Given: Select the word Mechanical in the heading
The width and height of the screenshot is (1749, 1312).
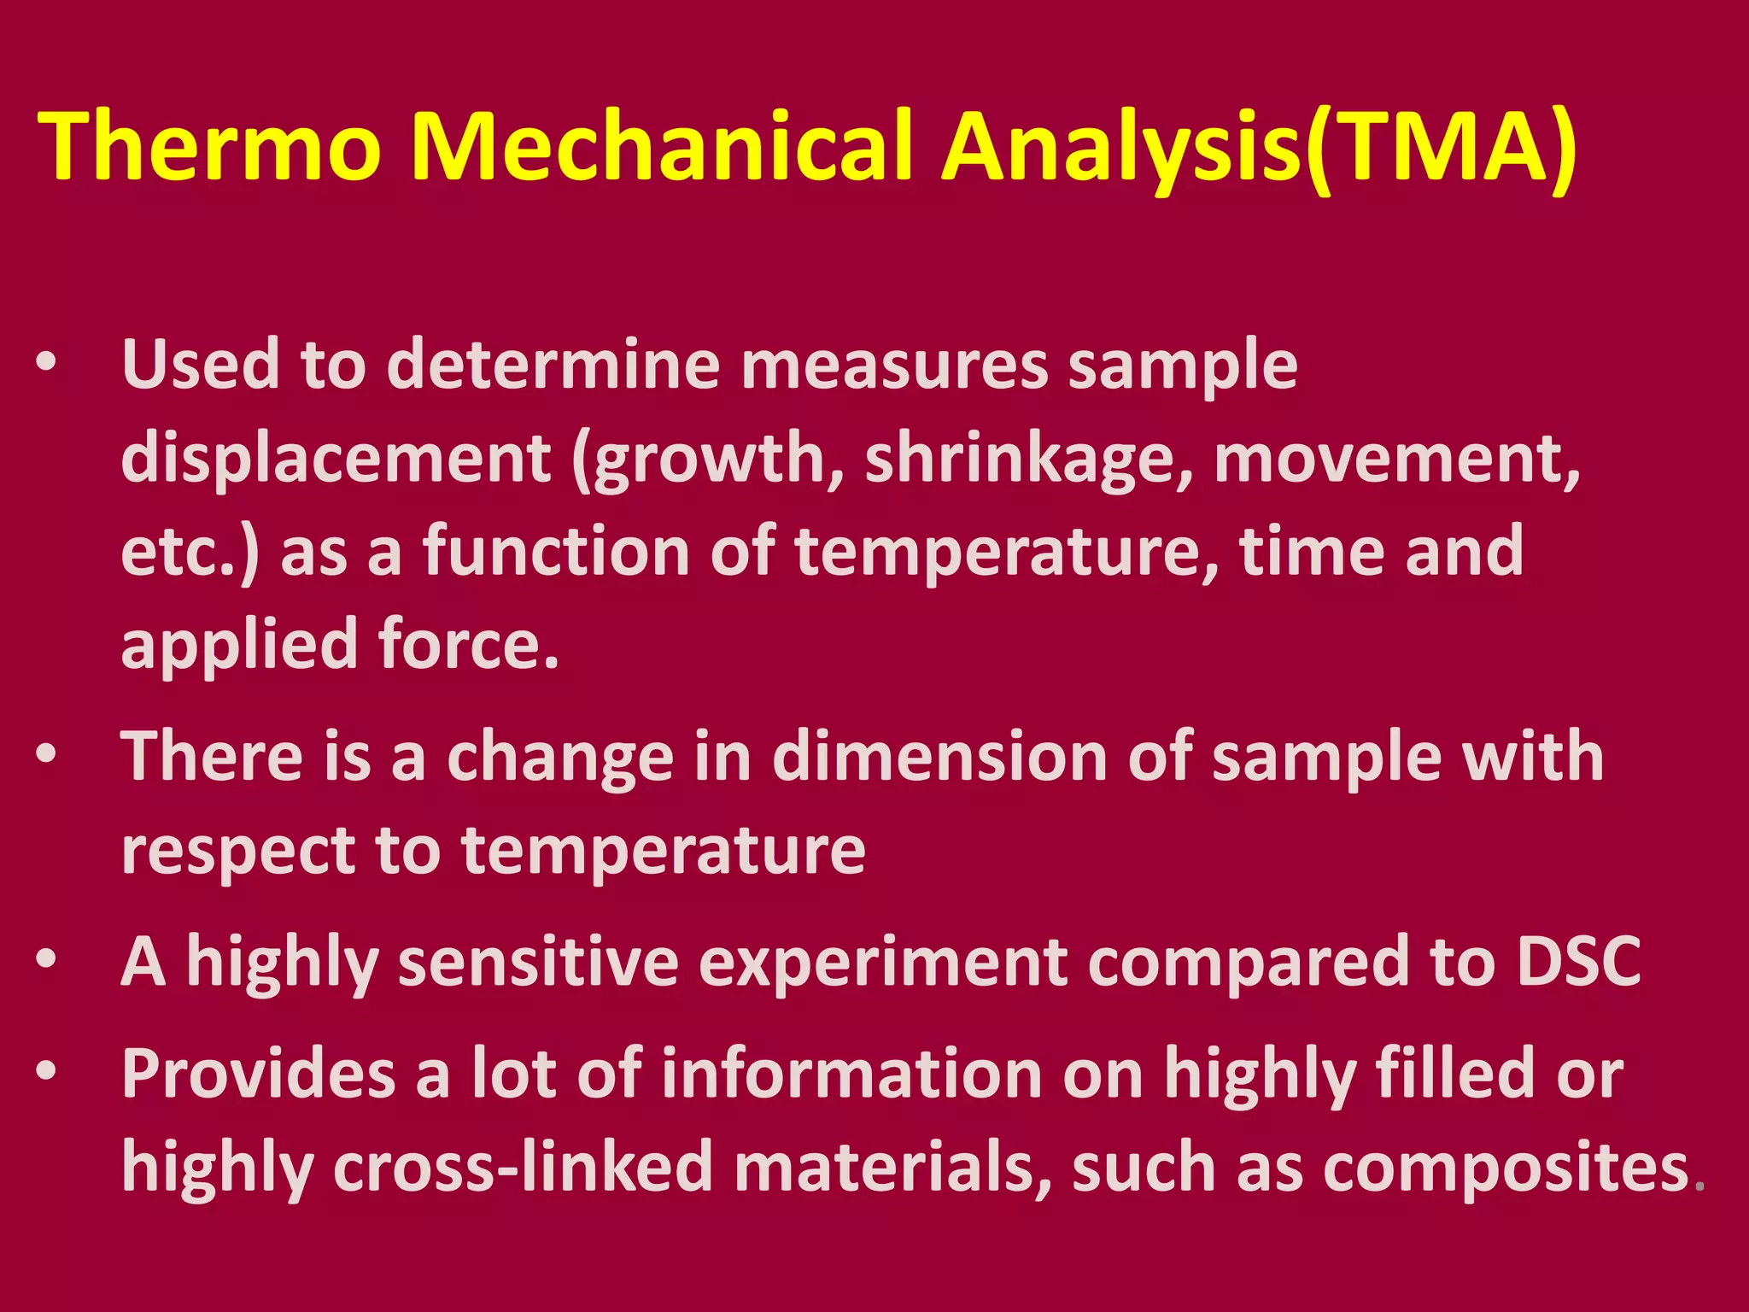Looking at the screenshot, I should (x=663, y=147).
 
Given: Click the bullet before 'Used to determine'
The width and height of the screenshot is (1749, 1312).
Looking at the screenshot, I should (x=46, y=362).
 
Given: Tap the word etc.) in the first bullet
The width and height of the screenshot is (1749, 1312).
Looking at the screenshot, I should (x=190, y=553).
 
